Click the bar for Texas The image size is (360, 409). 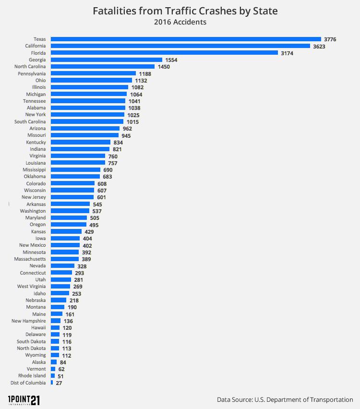tap(186, 39)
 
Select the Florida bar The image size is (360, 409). tap(164, 53)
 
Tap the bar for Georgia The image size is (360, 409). tap(107, 60)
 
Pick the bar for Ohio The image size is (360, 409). tap(91, 80)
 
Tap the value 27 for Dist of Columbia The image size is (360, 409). tap(59, 383)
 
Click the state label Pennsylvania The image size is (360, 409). tap(32, 73)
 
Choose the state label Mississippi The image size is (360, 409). tap(34, 170)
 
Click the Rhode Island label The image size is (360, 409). tap(32, 376)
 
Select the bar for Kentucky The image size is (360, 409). tap(81, 143)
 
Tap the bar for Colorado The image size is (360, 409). tap(72, 183)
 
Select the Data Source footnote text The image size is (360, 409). tap(285, 399)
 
